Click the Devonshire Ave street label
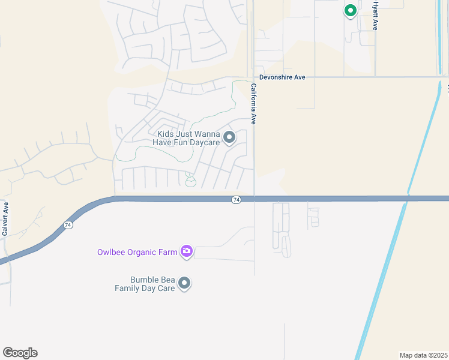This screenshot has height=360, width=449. [x=282, y=77]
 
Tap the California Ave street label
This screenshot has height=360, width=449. [x=254, y=103]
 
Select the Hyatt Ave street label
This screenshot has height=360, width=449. [x=375, y=16]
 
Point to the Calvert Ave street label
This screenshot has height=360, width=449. [x=5, y=218]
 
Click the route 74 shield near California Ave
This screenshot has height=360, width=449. [x=236, y=199]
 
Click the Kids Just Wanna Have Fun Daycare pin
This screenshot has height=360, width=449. [x=229, y=138]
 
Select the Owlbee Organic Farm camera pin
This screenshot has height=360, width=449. [x=187, y=251]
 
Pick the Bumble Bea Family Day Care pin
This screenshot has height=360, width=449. [x=184, y=283]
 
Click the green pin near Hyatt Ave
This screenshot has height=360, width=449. [x=351, y=10]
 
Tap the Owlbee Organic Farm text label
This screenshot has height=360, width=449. [x=137, y=252]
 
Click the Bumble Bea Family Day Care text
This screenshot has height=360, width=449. [x=145, y=284]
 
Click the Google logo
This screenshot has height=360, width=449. [x=20, y=353]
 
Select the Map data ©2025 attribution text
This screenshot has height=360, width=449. [x=423, y=355]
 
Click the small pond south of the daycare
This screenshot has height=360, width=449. [x=190, y=182]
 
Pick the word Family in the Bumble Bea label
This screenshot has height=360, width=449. [x=128, y=288]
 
